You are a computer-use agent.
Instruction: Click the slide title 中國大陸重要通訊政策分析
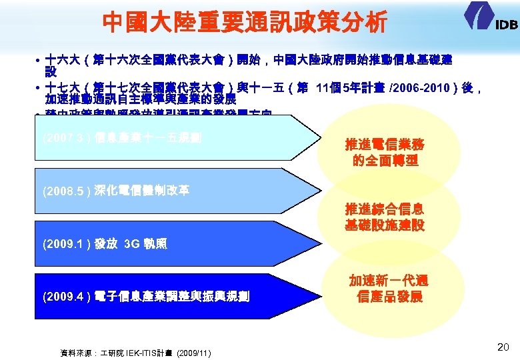pyautogui.click(x=244, y=23)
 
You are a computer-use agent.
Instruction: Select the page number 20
pyautogui.click(x=503, y=346)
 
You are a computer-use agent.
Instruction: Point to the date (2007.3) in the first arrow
pyautogui.click(x=63, y=139)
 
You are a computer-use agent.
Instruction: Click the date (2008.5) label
pyautogui.click(x=63, y=191)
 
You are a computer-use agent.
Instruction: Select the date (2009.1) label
pyautogui.click(x=63, y=244)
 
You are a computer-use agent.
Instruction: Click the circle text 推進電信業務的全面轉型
pyautogui.click(x=384, y=153)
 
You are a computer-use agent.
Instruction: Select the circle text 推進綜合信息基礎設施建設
pyautogui.click(x=384, y=217)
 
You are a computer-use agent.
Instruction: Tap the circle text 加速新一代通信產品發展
pyautogui.click(x=389, y=289)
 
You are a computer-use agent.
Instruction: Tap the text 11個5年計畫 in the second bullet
pyautogui.click(x=353, y=87)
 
